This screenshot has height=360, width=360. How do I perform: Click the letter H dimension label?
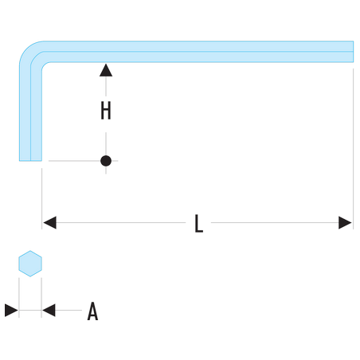(x=106, y=111)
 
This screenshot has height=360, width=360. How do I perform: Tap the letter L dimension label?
(x=198, y=223)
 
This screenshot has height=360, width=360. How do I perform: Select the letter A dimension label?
(x=92, y=311)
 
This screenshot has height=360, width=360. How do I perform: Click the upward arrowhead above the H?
(x=106, y=70)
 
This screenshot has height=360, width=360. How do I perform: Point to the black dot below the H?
(x=106, y=161)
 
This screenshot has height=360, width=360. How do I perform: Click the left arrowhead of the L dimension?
(x=49, y=222)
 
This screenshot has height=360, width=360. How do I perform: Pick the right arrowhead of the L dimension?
(x=345, y=222)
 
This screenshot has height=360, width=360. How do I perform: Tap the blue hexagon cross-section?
(x=30, y=264)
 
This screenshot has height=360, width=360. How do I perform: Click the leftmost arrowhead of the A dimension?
(x=11, y=311)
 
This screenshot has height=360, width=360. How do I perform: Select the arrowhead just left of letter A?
(x=49, y=311)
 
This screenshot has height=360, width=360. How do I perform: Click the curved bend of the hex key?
(x=29, y=51)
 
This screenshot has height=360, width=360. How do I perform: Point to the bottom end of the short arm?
(x=30, y=160)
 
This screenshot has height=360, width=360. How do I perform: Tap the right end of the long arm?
(x=353, y=52)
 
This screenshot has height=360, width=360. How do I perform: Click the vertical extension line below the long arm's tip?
(x=353, y=149)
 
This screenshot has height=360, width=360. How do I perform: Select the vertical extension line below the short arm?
(x=41, y=198)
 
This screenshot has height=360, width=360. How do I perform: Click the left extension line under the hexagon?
(x=19, y=298)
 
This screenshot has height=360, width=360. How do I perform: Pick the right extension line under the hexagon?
(x=41, y=298)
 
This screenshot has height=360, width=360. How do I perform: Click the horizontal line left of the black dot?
(x=74, y=161)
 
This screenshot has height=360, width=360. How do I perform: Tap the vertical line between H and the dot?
(x=106, y=144)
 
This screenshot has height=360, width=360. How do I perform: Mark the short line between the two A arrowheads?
(x=30, y=310)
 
